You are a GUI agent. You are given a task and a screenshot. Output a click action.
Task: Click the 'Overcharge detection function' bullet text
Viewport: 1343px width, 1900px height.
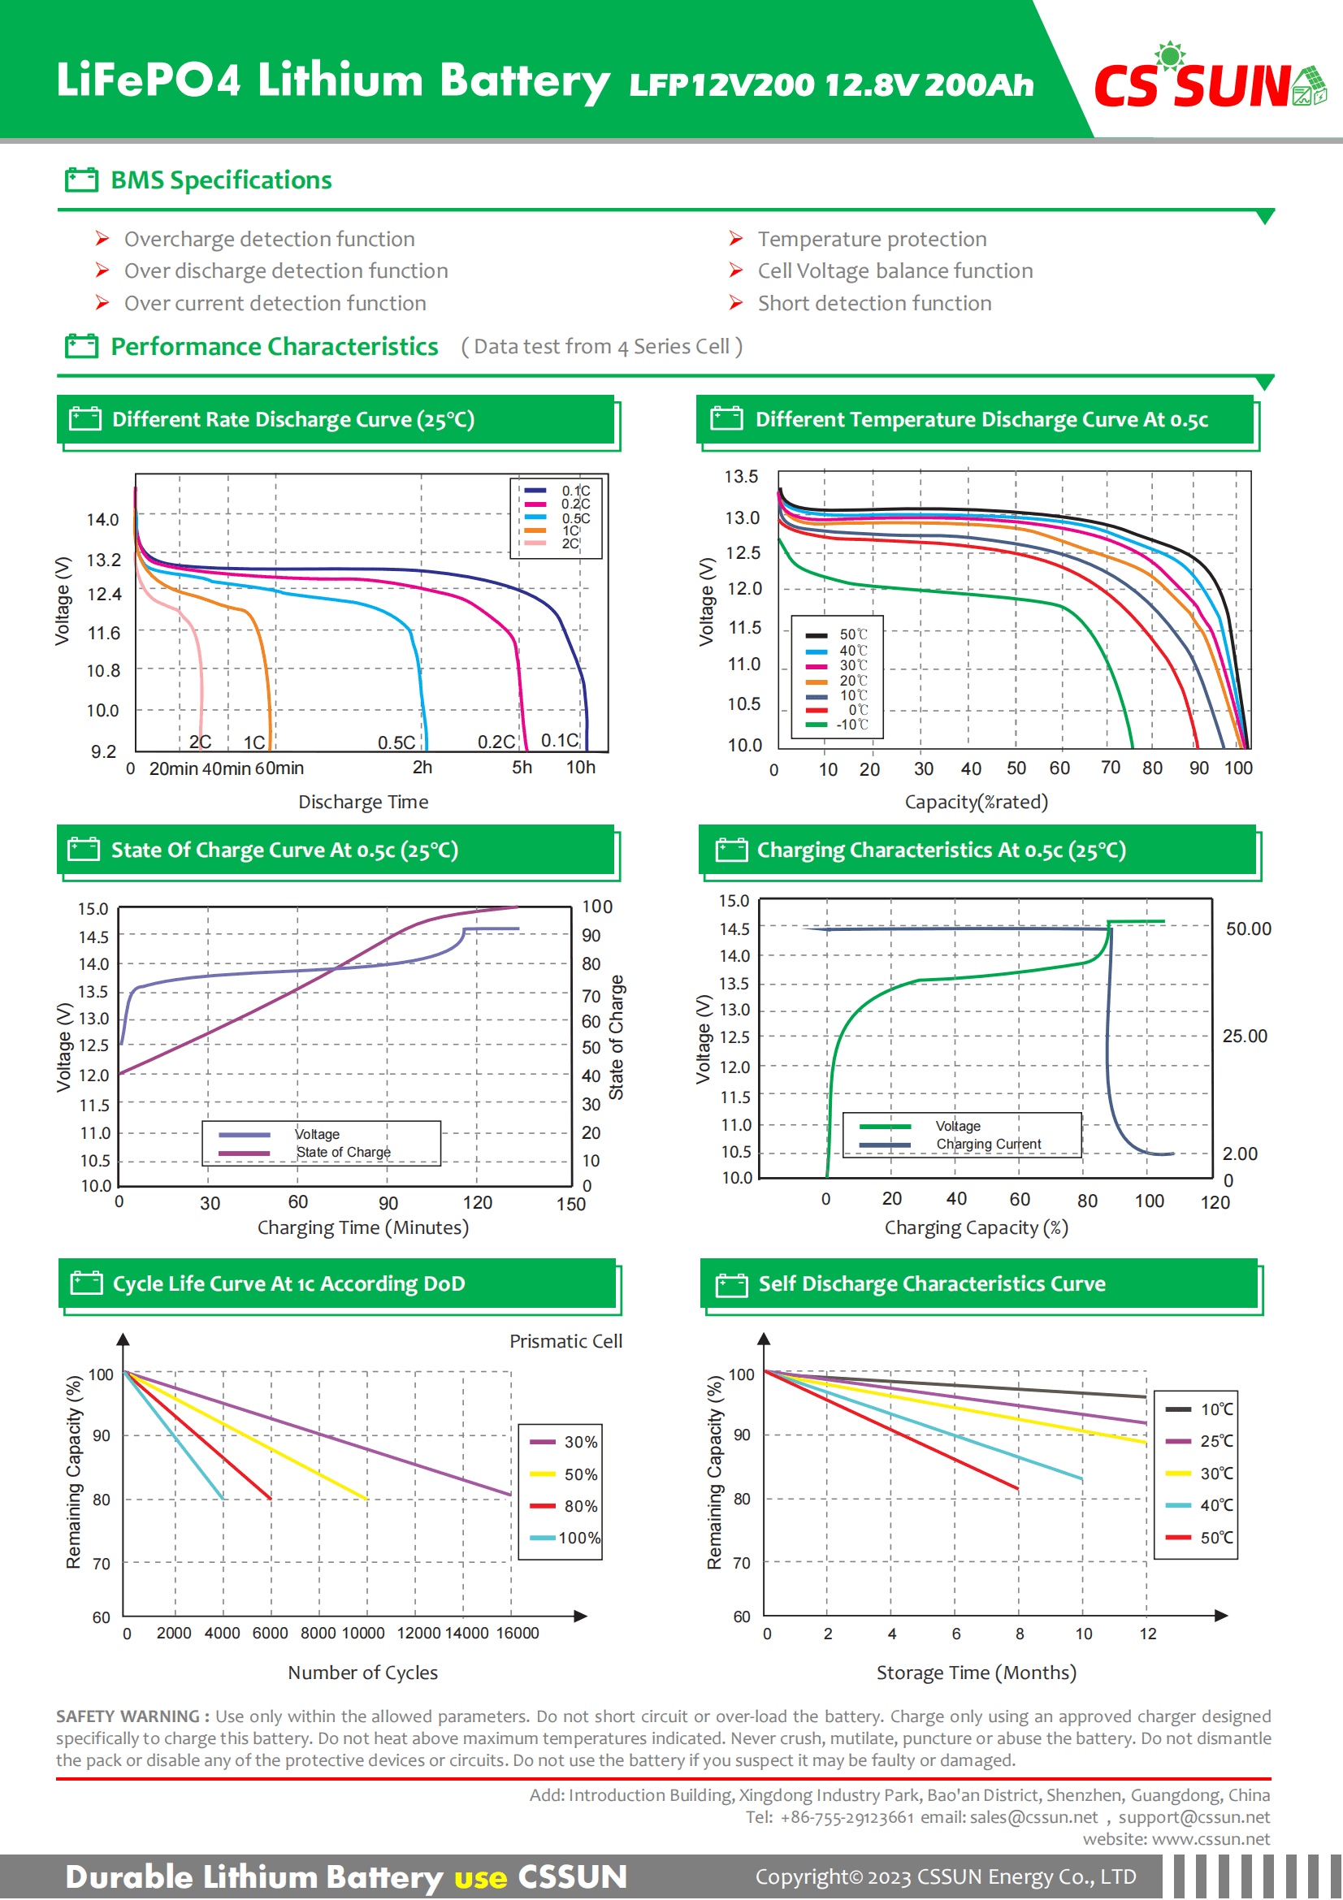coord(269,239)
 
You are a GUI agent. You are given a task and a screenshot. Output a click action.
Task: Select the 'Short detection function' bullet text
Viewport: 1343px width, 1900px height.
coord(874,304)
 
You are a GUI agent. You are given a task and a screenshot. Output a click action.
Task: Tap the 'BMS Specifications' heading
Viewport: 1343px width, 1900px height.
coord(221,180)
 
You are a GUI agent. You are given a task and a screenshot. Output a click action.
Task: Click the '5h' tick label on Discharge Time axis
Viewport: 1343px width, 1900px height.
coord(522,767)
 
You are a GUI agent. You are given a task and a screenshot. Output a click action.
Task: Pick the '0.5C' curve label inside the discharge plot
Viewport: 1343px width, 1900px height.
coord(396,742)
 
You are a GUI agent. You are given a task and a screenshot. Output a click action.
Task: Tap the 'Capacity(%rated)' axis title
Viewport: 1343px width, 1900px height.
coord(976,802)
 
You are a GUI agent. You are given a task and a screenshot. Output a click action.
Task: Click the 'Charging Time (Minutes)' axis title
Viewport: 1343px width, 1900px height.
coord(362,1227)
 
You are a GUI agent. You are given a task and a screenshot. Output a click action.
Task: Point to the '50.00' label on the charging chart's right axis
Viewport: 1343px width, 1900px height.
coord(1248,928)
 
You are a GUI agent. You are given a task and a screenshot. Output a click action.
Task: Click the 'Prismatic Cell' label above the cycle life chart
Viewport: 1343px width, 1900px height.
coord(565,1341)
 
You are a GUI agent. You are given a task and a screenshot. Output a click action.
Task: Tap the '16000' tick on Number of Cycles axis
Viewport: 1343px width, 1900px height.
coord(518,1633)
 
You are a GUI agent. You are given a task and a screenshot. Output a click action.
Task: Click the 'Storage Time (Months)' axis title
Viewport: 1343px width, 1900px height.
coord(976,1673)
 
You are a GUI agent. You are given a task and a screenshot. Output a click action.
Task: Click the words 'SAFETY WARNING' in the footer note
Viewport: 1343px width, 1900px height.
coord(128,1716)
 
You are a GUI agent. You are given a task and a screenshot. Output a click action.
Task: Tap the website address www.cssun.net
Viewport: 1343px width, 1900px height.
coord(1210,1839)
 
